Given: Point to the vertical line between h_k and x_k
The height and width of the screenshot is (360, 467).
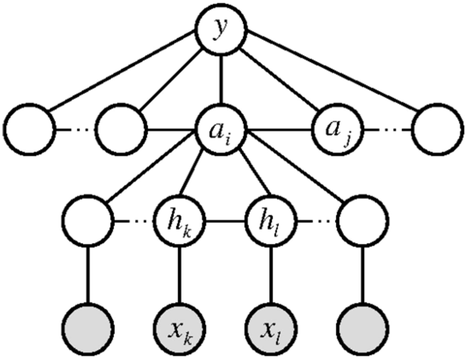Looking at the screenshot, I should tap(180, 275).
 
